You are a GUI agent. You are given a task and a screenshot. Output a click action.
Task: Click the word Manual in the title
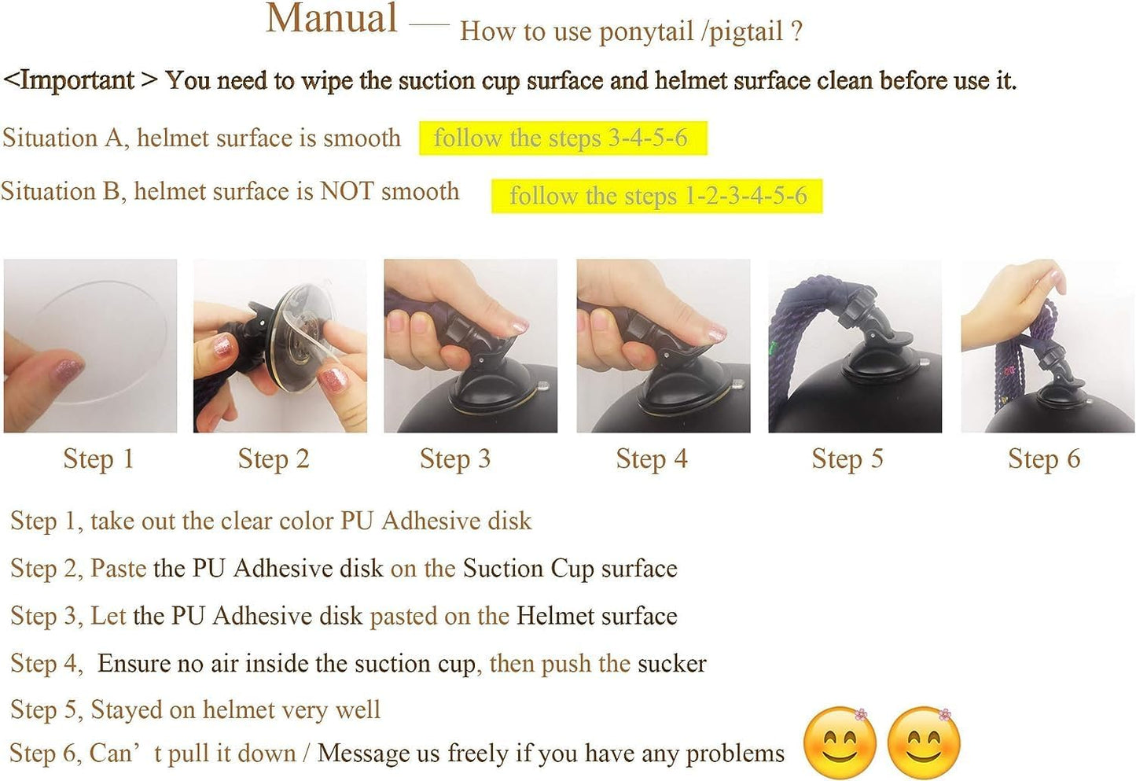click(x=332, y=19)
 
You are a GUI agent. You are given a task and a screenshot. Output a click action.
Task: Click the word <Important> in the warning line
click(x=80, y=80)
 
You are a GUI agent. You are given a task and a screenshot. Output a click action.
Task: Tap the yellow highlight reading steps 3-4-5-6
click(x=562, y=138)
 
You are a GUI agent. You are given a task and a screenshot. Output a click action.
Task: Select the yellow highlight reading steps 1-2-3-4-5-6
click(x=657, y=196)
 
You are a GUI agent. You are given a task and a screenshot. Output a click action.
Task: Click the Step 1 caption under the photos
click(x=98, y=459)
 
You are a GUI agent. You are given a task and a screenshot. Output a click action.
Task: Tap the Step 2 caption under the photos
click(x=274, y=459)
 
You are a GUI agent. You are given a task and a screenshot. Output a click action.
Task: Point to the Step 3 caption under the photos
click(x=455, y=459)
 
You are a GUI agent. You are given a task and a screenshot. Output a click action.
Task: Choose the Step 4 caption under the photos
click(x=652, y=459)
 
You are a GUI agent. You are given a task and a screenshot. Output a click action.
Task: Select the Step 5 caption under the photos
click(x=847, y=459)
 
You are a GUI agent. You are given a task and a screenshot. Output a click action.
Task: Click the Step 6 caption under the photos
click(x=1044, y=459)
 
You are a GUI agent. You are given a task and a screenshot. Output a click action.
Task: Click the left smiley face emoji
click(x=840, y=743)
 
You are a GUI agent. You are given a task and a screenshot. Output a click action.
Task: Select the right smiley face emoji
click(x=924, y=743)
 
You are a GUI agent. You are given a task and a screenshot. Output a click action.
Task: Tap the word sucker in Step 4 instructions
click(x=671, y=664)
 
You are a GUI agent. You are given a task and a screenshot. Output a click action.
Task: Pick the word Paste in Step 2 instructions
click(x=118, y=569)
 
